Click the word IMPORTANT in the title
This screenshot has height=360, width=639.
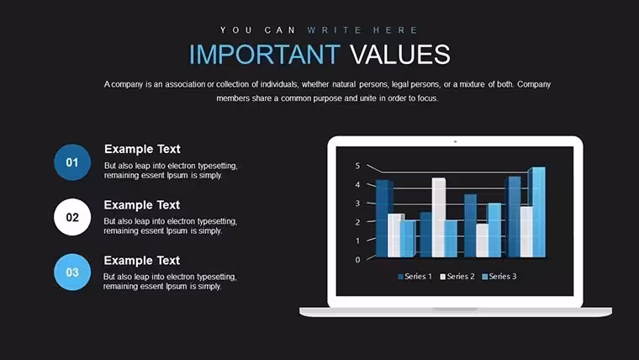point(265,54)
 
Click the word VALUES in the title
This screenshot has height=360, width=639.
point(399,54)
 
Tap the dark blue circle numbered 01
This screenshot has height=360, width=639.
point(72,162)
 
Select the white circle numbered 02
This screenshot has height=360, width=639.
point(72,217)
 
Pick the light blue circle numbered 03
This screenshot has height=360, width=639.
point(72,272)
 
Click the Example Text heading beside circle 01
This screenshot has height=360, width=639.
point(142,149)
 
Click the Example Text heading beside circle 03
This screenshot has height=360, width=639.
point(142,261)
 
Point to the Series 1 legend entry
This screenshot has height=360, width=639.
point(415,277)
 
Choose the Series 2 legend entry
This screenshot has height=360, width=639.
point(457,277)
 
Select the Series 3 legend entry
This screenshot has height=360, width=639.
point(499,277)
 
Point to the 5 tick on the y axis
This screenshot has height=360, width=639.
point(358,166)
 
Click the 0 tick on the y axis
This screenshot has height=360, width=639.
point(358,260)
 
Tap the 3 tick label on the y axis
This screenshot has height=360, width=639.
point(358,203)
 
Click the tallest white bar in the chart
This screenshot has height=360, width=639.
point(439,217)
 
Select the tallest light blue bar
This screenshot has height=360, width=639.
point(538,212)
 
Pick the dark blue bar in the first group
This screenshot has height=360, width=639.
point(384,219)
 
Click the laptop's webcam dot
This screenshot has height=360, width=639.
point(455,141)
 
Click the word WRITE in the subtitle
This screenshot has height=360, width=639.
point(334,30)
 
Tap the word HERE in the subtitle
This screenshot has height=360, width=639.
point(395,30)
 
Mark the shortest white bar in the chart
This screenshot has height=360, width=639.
point(482,241)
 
